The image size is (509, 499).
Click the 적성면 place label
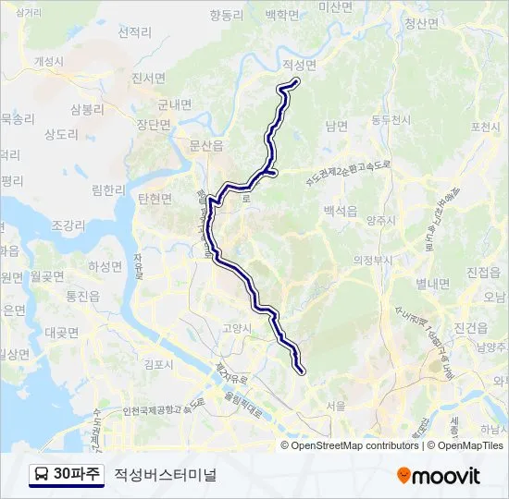tap(297, 66)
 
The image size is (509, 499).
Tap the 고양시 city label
tap(237, 327)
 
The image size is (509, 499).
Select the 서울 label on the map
tap(336, 405)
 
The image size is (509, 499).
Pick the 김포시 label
tap(159, 364)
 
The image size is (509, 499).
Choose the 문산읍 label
tap(206, 145)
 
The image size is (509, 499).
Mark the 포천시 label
tap(485, 127)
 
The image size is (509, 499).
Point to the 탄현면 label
tap(155, 198)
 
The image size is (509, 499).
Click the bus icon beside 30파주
tap(42, 475)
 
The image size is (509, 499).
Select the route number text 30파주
tap(78, 475)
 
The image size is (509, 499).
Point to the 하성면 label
tap(106, 266)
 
